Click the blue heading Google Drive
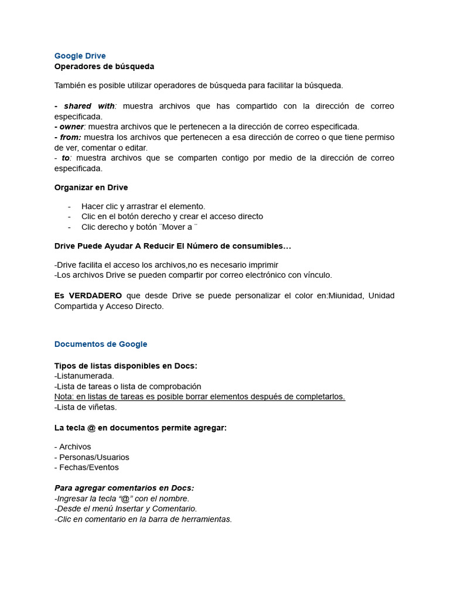tap(80, 56)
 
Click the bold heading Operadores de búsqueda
tap(104, 66)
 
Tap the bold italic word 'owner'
tap(71, 127)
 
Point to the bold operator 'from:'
tap(70, 137)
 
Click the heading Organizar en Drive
tap(91, 187)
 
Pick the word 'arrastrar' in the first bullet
tap(141, 206)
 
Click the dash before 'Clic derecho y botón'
tap(69, 227)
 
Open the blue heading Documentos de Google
tap(101, 344)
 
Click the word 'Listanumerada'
tap(85, 376)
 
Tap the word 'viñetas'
tap(102, 407)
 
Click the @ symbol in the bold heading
tap(90, 428)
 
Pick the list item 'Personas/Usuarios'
tap(92, 457)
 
